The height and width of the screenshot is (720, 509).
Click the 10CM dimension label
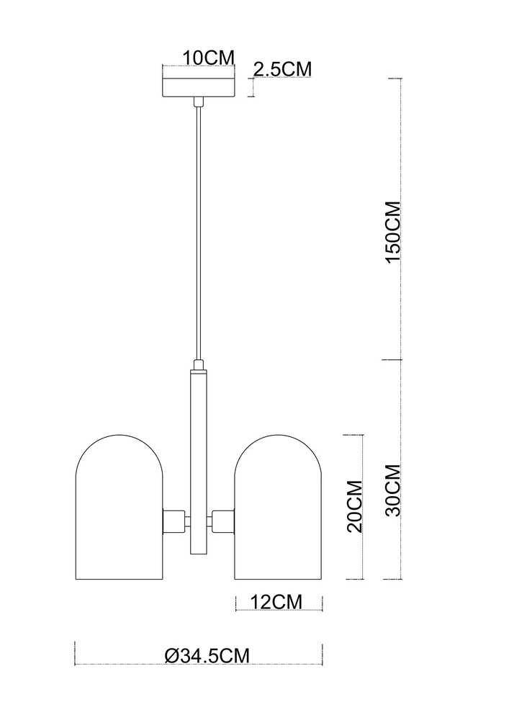point(209,58)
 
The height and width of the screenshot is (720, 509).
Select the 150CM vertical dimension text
point(393,232)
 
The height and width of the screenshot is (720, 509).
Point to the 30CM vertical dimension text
point(393,490)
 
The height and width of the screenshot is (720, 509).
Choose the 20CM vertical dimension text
point(355,506)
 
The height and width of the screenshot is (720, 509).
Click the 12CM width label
point(276,601)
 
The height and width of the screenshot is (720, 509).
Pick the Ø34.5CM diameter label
point(207,654)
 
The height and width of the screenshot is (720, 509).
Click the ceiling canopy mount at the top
point(199,87)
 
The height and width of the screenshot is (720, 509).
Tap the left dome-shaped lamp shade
point(119,506)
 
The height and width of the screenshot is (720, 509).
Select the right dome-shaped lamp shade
point(278,506)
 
